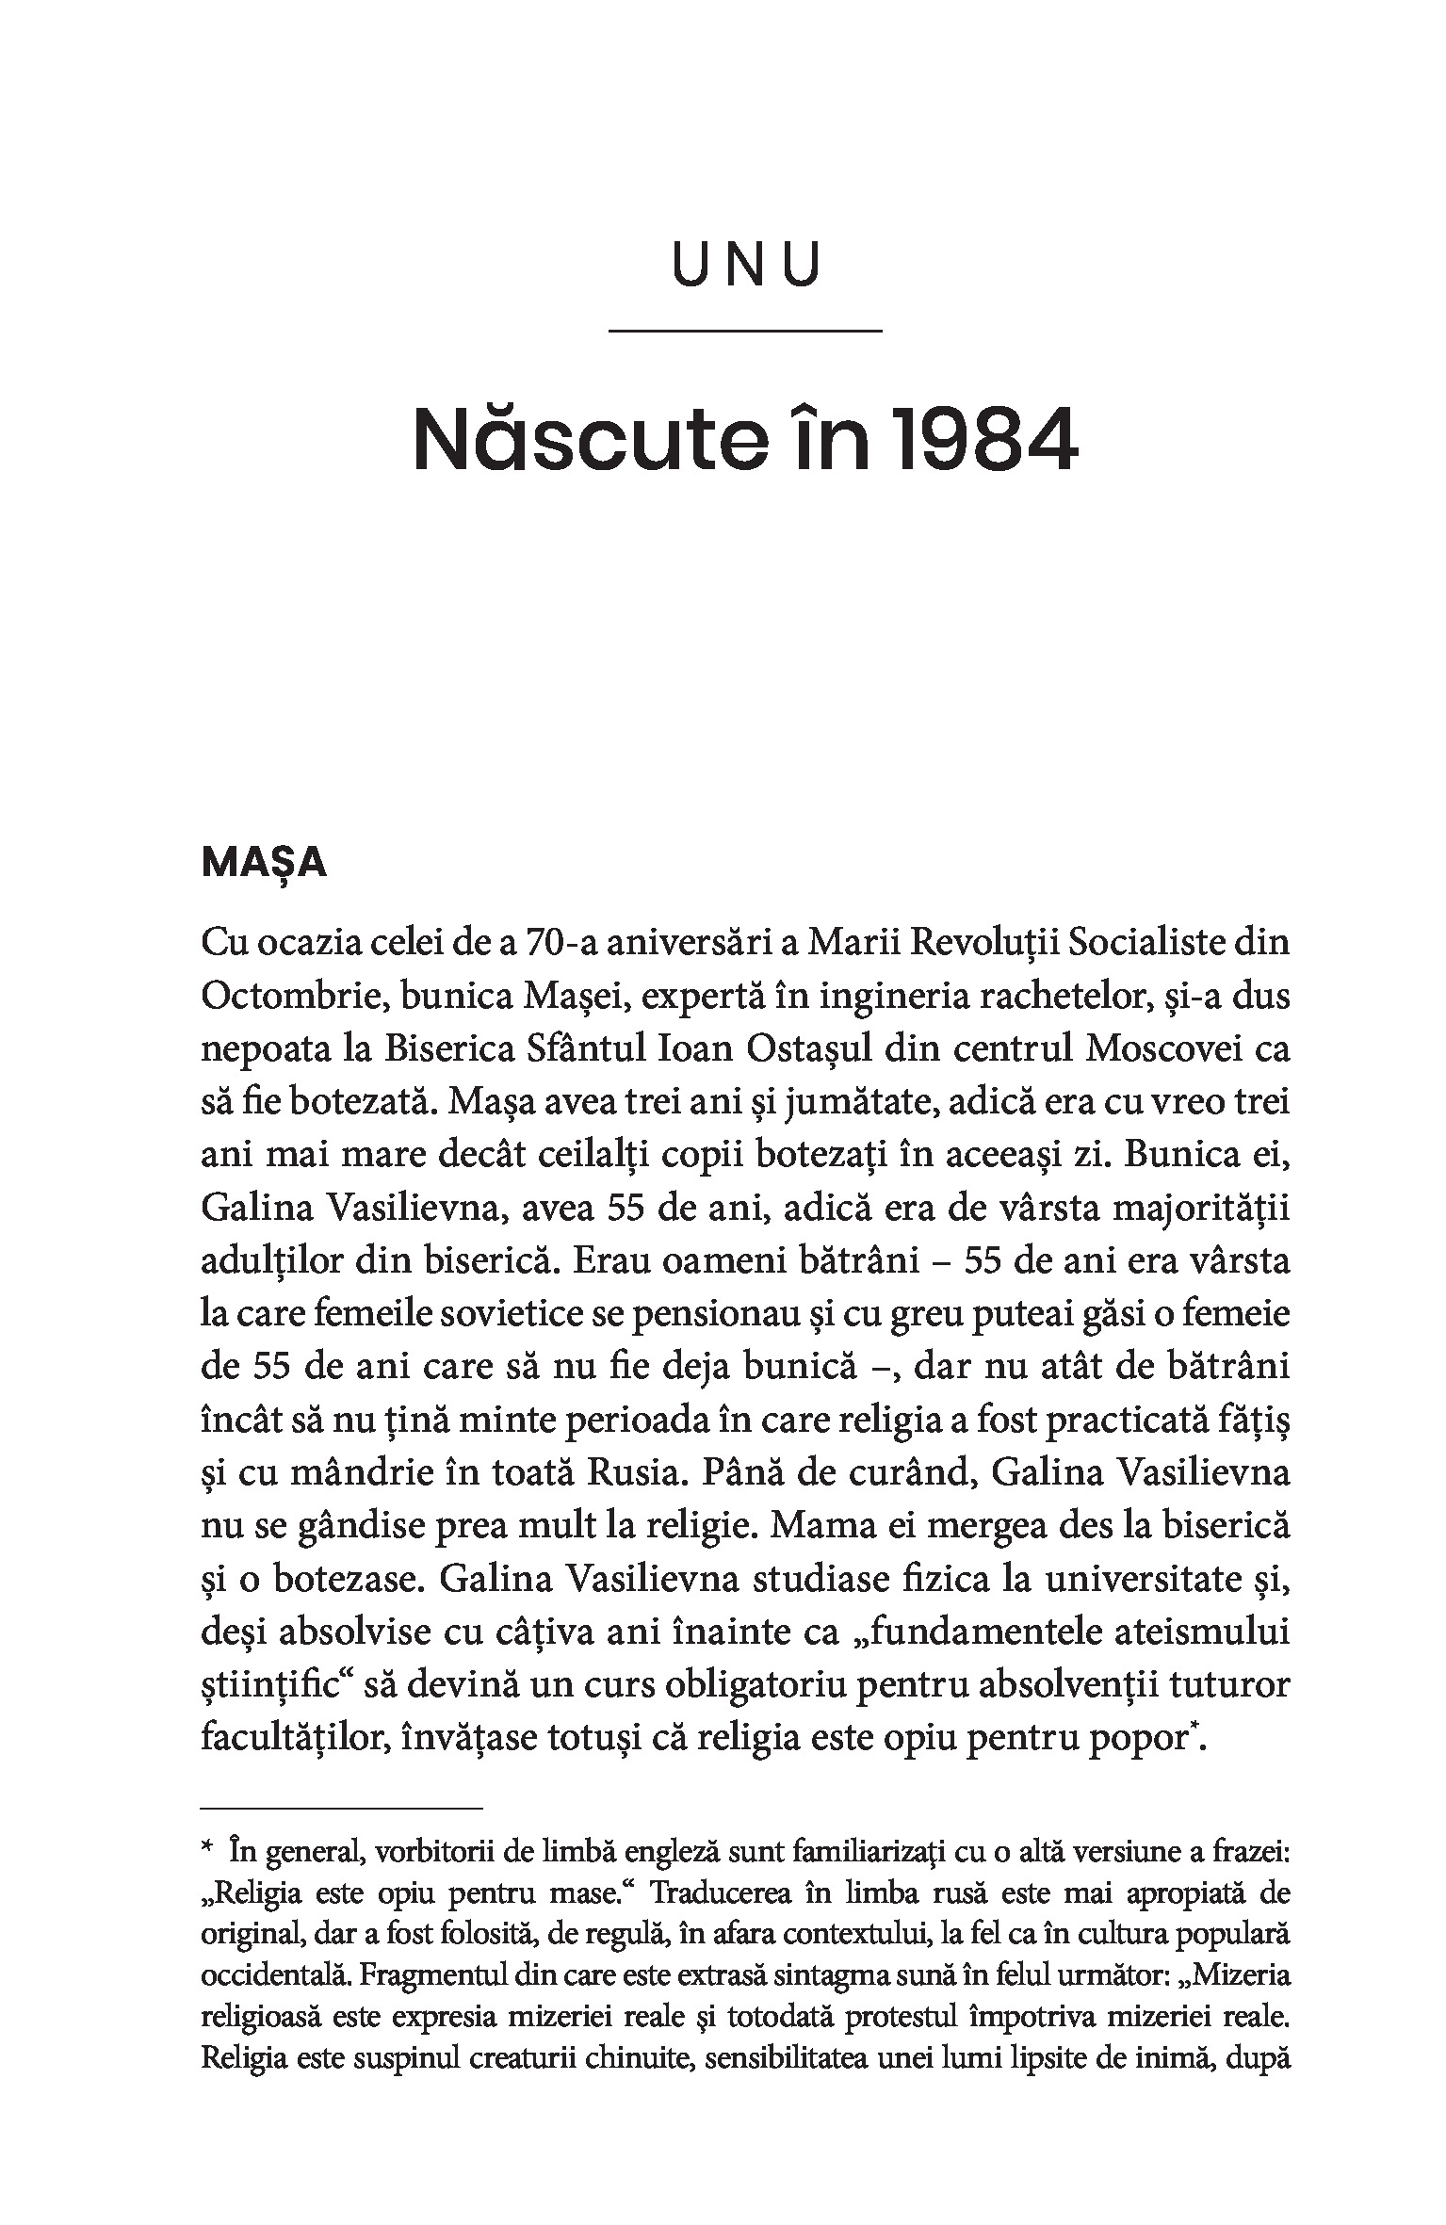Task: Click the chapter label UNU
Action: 745,266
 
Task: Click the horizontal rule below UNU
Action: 745,331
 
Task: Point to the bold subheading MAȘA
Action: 264,863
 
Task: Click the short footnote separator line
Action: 342,1809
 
